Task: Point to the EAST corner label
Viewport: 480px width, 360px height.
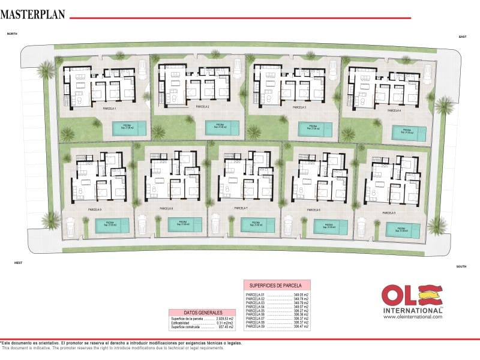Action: pos(463,37)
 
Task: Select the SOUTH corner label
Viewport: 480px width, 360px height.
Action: pos(461,266)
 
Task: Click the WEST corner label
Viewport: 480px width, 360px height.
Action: pos(19,262)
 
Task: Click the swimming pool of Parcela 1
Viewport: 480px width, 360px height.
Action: pos(129,128)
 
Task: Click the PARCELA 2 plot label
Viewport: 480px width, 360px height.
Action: pos(202,106)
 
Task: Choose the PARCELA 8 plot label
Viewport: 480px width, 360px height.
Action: pos(166,208)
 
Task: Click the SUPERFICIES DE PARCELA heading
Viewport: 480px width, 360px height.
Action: pos(277,286)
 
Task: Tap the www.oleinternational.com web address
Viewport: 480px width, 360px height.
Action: pos(412,317)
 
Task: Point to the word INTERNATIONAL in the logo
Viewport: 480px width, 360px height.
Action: pos(411,310)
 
